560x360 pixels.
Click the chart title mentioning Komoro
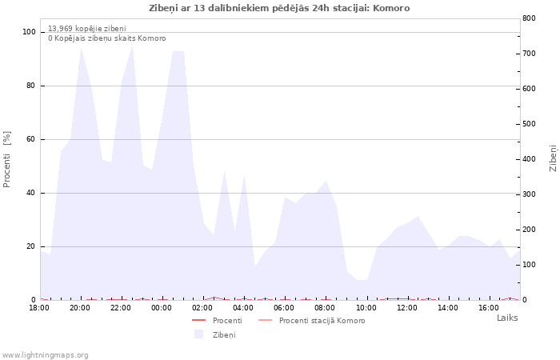pyautogui.click(x=279, y=8)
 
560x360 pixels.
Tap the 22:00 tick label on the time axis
pyautogui.click(x=121, y=308)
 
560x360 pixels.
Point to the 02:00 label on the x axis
pyautogui.click(x=202, y=308)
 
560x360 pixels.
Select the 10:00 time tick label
pyautogui.click(x=366, y=308)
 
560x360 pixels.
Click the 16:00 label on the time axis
pyautogui.click(x=489, y=308)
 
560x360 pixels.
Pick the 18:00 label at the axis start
pyautogui.click(x=39, y=308)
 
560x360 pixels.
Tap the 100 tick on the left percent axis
pyautogui.click(x=29, y=32)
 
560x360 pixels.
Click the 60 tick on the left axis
pyautogui.click(x=30, y=139)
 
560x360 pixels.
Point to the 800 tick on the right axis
pyautogui.click(x=529, y=18)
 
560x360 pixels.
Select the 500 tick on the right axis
pyautogui.click(x=529, y=124)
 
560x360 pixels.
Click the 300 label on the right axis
pyautogui.click(x=529, y=194)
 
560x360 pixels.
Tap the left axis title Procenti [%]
pyautogui.click(x=6, y=159)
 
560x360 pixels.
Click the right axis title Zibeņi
pyautogui.click(x=554, y=158)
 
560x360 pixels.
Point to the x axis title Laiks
pyautogui.click(x=507, y=318)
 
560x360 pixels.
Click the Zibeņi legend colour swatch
pyautogui.click(x=198, y=334)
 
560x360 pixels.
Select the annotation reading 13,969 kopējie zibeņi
pyautogui.click(x=86, y=29)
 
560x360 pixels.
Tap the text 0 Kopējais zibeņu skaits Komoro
pyautogui.click(x=106, y=38)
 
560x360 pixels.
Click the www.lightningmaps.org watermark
pyautogui.click(x=45, y=355)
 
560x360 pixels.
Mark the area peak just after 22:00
pyautogui.click(x=133, y=46)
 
